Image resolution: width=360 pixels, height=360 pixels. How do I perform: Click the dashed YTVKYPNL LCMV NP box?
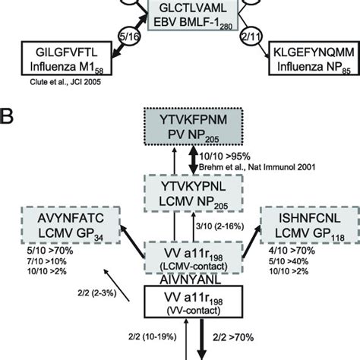point(179,192)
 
